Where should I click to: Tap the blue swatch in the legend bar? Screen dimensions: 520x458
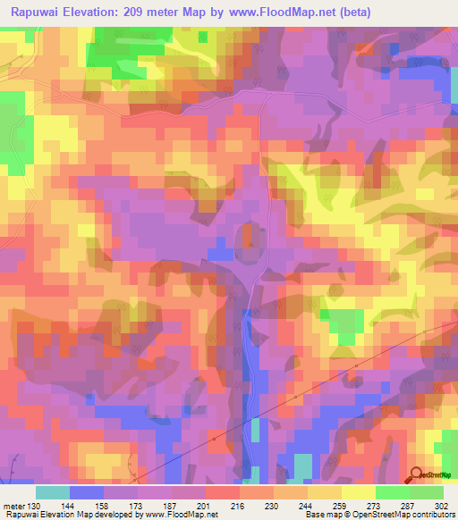pos(87,492)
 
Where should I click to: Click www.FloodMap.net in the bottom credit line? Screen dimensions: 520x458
pos(185,515)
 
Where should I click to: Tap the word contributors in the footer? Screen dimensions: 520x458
pos(432,515)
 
